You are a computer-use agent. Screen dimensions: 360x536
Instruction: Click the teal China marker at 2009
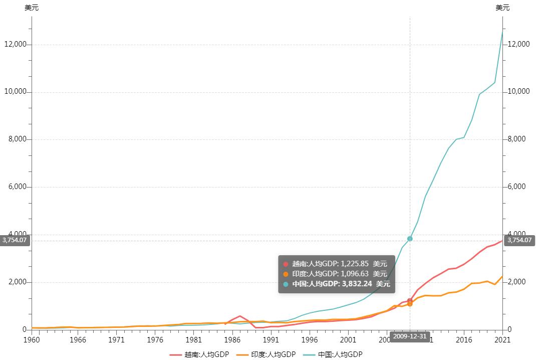point(410,239)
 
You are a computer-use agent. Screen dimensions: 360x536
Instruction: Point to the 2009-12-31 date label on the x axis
point(410,336)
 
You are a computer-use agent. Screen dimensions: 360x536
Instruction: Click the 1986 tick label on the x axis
point(232,339)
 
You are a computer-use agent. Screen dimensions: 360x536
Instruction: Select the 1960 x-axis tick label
point(32,339)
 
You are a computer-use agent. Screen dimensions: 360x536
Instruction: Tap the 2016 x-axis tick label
point(464,339)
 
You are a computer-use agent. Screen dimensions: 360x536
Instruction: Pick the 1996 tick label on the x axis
point(310,339)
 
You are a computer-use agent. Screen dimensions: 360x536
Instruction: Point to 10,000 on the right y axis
point(518,92)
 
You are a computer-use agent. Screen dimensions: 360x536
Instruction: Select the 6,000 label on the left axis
point(17,187)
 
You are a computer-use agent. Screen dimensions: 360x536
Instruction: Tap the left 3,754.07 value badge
point(15,240)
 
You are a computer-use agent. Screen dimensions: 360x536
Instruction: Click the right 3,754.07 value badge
point(519,240)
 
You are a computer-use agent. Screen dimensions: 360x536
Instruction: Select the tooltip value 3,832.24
point(357,284)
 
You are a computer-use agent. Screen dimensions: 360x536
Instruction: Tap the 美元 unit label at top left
point(32,8)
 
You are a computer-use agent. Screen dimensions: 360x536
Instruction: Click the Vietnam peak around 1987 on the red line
point(240,316)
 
